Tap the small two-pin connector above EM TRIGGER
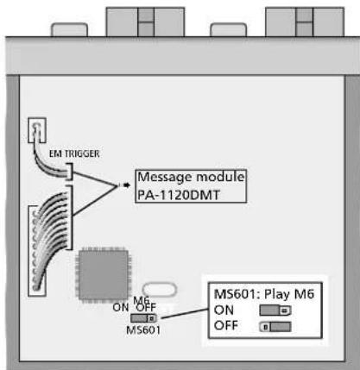tap(37, 132)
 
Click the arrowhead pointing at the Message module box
tap(124, 184)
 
